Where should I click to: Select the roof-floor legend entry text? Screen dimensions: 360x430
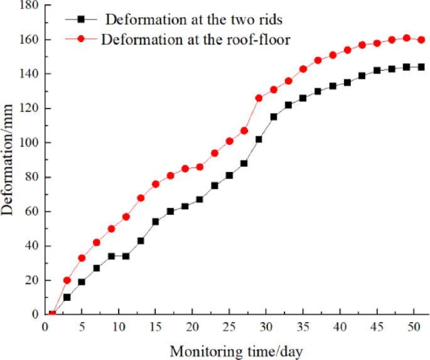pyautogui.click(x=195, y=38)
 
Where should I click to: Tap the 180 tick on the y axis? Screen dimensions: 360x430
pyautogui.click(x=28, y=6)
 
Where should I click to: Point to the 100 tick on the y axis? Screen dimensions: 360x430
pyautogui.click(x=28, y=143)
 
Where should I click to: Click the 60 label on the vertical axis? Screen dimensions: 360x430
pyautogui.click(x=30, y=211)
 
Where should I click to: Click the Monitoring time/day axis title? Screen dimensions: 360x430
pyautogui.click(x=235, y=351)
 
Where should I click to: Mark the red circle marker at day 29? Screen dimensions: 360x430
pyautogui.click(x=259, y=98)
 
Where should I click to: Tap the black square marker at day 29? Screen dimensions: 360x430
pyautogui.click(x=259, y=139)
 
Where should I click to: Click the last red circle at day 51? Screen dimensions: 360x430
pyautogui.click(x=421, y=40)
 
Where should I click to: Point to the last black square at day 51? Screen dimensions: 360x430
pyautogui.click(x=421, y=67)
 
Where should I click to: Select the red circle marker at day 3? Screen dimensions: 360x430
pyautogui.click(x=67, y=280)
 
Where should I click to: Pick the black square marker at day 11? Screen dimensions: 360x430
pyautogui.click(x=126, y=256)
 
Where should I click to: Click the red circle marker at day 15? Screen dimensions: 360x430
pyautogui.click(x=156, y=184)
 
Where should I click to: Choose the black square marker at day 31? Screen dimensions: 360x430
pyautogui.click(x=274, y=117)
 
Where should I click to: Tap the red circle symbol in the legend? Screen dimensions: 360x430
pyautogui.click(x=82, y=38)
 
